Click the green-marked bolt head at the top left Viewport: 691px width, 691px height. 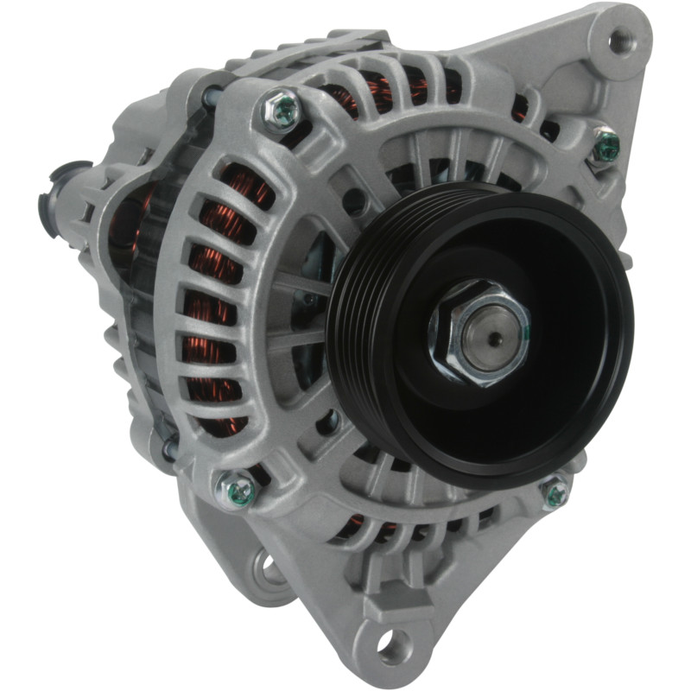tap(282, 110)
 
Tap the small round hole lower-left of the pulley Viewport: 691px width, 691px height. tap(327, 422)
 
